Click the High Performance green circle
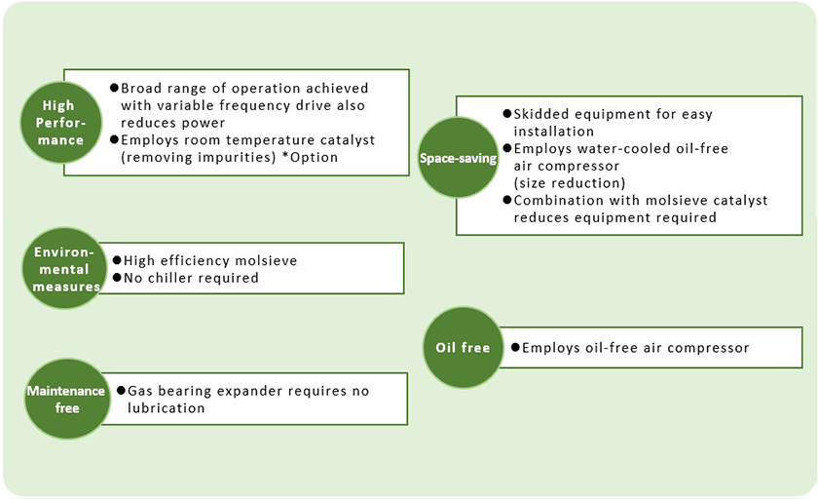(64, 123)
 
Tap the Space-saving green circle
(458, 158)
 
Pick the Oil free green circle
(463, 348)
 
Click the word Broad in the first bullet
(142, 87)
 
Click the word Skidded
(545, 114)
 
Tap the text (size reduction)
(570, 182)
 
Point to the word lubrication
(167, 408)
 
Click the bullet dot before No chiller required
(117, 278)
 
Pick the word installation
(554, 131)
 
